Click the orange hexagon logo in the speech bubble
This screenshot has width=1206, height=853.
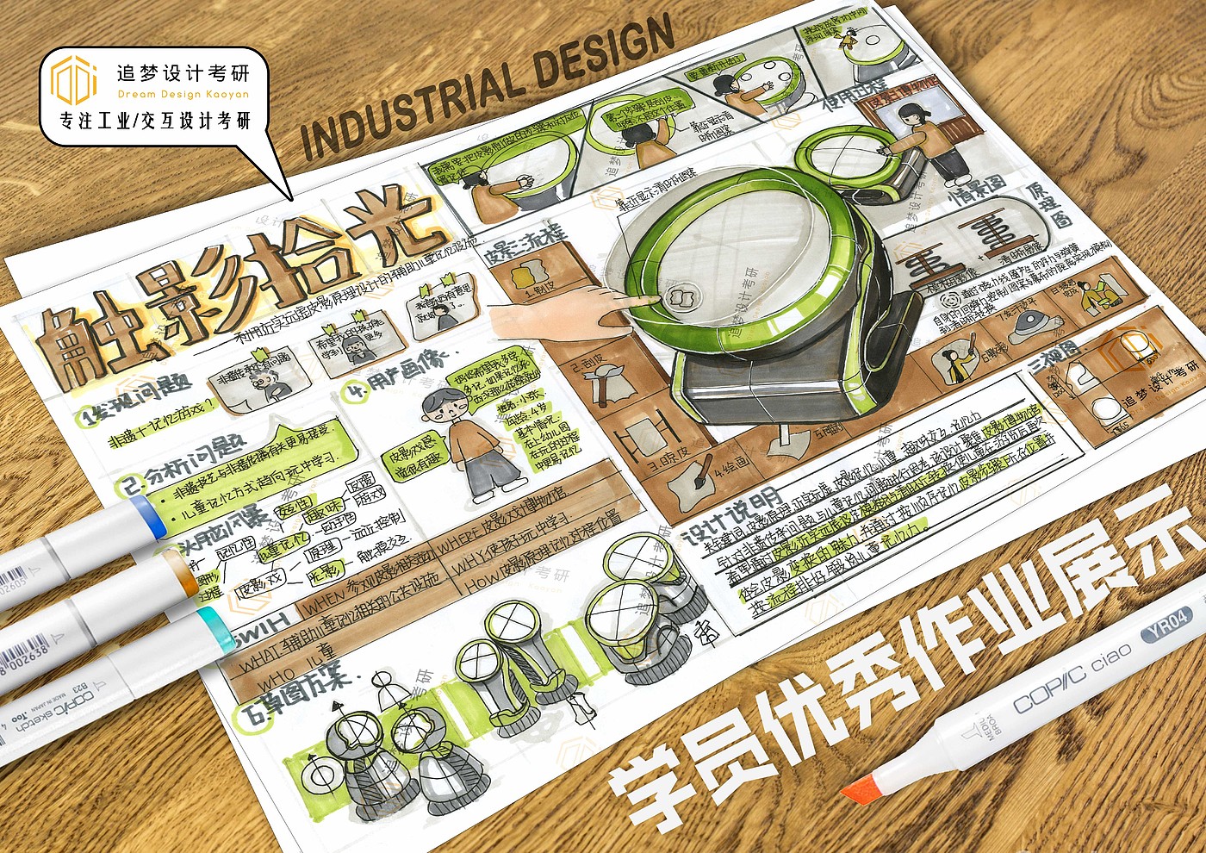73,79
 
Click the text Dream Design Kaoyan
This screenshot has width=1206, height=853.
183,94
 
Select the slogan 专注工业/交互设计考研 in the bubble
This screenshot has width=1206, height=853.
155,121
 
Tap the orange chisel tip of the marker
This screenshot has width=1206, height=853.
862,785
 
